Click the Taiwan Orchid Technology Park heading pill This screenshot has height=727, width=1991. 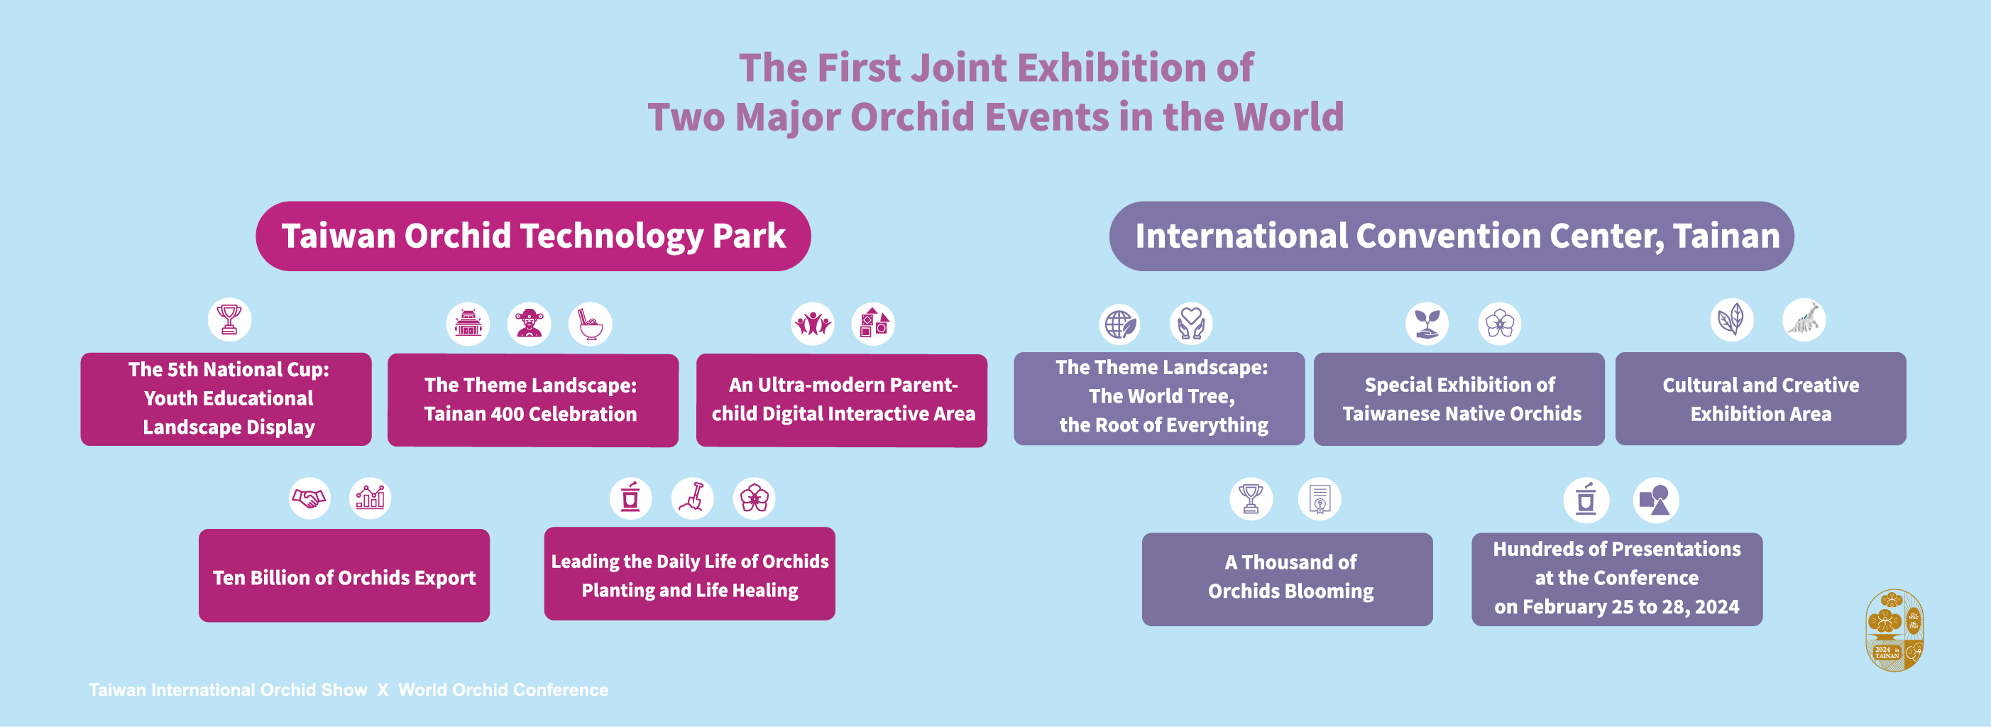[533, 236]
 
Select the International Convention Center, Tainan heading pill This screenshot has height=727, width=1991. [1452, 236]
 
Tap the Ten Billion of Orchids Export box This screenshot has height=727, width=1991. [344, 575]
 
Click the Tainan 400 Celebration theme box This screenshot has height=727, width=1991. [532, 400]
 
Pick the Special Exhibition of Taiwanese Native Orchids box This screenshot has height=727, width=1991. [1459, 399]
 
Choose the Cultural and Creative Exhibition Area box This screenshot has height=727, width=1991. [1761, 399]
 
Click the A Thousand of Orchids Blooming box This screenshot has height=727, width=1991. [1288, 579]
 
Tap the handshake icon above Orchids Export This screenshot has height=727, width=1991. [309, 498]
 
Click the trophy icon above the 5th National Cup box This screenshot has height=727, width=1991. [229, 319]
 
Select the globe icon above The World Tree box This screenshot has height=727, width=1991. [1120, 324]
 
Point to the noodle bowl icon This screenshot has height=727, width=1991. [591, 324]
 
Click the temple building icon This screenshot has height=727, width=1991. [468, 324]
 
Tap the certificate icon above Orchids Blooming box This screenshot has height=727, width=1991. [1320, 499]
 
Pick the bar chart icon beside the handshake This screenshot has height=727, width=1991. [371, 498]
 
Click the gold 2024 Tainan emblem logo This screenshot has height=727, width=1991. [1894, 630]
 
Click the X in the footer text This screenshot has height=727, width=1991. [383, 690]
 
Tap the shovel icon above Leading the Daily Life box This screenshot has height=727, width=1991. [692, 498]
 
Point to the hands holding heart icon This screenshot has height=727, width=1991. [1191, 324]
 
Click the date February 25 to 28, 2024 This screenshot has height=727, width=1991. [1631, 607]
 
